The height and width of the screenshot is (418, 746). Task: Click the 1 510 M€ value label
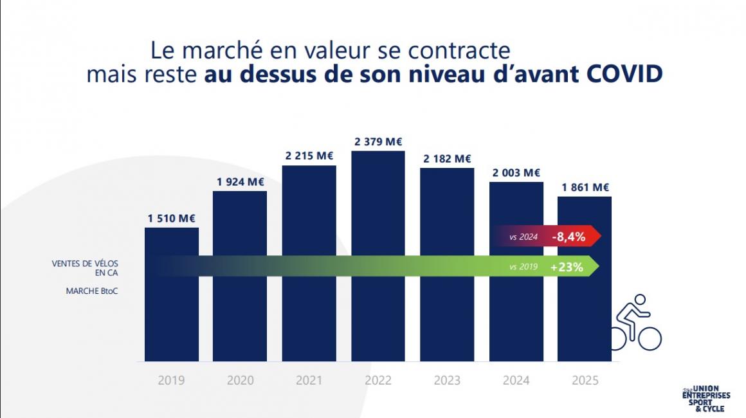[171, 219]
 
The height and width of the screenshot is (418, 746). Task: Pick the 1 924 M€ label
[240, 182]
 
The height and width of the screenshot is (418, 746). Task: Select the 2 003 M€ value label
[516, 172]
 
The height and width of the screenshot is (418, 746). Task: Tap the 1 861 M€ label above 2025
[585, 188]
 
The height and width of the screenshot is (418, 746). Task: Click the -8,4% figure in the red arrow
[569, 237]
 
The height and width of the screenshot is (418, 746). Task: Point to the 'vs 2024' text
[523, 237]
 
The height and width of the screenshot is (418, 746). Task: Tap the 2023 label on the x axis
[447, 380]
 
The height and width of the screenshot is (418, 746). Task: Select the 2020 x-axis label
[240, 380]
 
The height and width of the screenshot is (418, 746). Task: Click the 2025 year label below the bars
[585, 380]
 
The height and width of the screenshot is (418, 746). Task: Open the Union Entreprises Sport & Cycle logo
[706, 398]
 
